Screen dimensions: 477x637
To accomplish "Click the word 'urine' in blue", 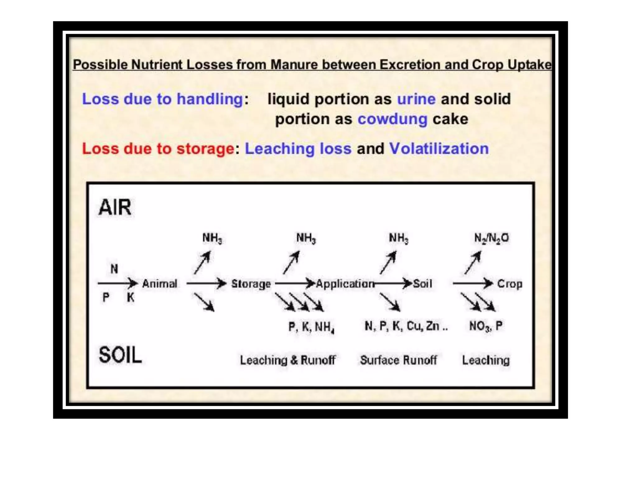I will pos(416,99).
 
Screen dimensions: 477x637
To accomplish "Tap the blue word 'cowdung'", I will pos(392,119).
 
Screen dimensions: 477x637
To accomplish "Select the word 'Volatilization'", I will pos(439,148).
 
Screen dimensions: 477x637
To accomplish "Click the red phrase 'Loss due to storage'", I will pos(158,148).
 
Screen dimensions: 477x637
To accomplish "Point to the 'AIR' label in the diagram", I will pos(115,207).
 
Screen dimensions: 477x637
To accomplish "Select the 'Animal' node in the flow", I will pos(160,284).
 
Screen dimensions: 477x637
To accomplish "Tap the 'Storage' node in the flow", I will pos(251,284).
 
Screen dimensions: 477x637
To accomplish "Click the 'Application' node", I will pos(345,284).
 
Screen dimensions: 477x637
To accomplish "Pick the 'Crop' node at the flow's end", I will pos(509,284).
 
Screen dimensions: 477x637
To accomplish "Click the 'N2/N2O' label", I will pos(491,238).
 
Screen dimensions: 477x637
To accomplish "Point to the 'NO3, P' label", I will pos(486,326).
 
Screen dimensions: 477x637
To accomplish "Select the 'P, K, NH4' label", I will pos(311,327).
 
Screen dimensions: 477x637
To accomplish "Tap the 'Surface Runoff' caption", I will pos(398,360).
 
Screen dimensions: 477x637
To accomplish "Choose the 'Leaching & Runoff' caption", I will pos(288,360).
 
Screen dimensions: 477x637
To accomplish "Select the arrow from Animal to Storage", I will pos(206,283).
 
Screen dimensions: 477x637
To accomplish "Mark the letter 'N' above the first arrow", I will pos(114,269).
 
